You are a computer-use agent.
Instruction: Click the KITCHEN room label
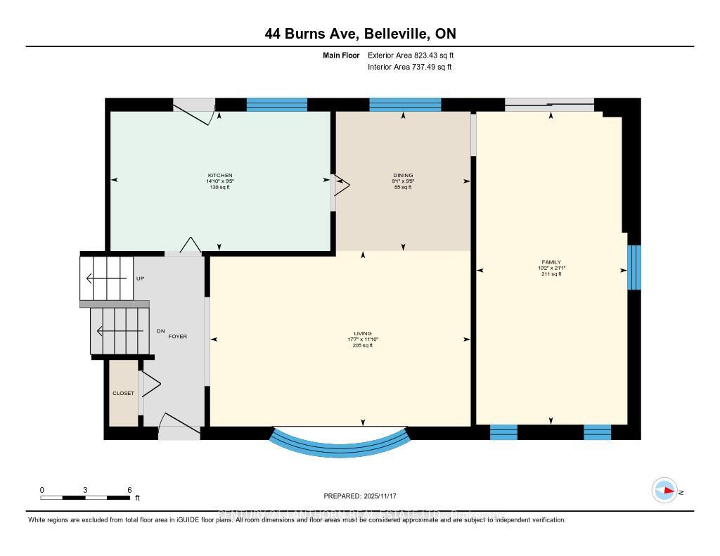point(219,175)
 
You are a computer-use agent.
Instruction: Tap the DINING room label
point(403,175)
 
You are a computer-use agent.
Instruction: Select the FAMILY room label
point(551,262)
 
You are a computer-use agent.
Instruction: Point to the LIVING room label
point(363,333)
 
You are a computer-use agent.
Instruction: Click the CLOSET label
point(123,393)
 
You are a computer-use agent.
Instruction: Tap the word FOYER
point(177,337)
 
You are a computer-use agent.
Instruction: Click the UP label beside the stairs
point(140,278)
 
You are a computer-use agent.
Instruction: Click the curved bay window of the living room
point(340,443)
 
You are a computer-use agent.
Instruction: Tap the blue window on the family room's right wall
point(634,267)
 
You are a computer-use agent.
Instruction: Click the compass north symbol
point(664,491)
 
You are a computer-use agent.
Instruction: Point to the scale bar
point(85,498)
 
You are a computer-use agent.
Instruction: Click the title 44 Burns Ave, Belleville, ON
point(360,34)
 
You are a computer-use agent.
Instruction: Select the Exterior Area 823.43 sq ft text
point(406,55)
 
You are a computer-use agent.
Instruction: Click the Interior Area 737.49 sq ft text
point(409,67)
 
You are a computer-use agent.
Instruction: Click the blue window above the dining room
point(405,105)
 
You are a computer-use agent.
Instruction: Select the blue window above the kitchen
point(276,105)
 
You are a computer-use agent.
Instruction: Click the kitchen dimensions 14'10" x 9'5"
point(219,181)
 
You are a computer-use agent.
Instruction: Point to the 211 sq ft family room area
point(551,274)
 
